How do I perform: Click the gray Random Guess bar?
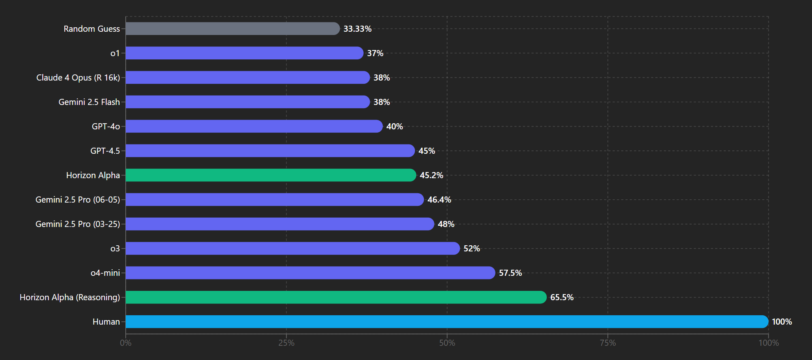(233, 28)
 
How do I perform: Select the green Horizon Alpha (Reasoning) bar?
(336, 297)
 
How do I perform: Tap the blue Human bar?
(447, 322)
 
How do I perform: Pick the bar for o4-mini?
(310, 273)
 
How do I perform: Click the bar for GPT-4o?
(254, 126)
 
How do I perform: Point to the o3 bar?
(293, 249)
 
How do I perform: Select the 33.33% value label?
(358, 29)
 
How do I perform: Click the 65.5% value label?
(562, 297)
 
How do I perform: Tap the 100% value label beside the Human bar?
(782, 322)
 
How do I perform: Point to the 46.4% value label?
(439, 200)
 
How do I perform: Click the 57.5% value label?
(511, 273)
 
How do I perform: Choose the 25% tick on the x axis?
(286, 343)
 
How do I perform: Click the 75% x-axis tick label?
(608, 343)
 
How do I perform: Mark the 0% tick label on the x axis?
(126, 343)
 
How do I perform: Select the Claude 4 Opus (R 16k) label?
(78, 78)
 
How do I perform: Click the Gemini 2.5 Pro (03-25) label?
(78, 224)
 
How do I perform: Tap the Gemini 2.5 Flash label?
(89, 102)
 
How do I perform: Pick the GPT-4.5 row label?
(105, 151)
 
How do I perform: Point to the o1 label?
(115, 53)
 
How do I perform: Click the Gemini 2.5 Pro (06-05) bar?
(275, 200)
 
